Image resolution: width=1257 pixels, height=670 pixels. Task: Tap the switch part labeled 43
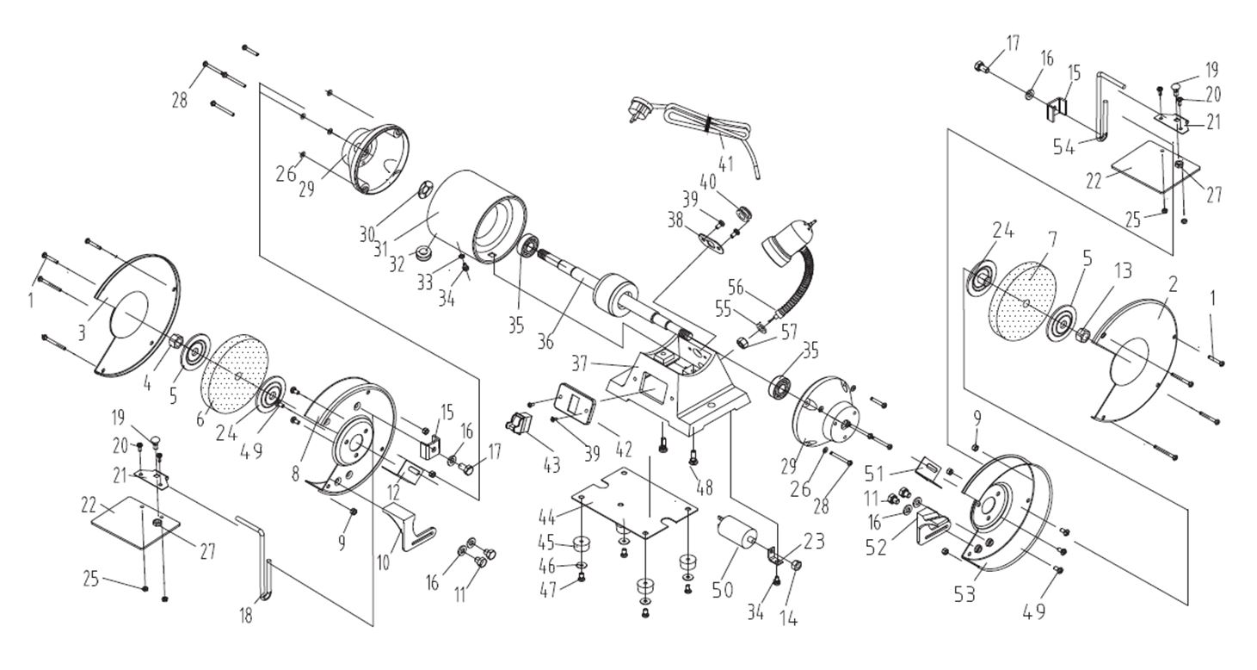pyautogui.click(x=520, y=424)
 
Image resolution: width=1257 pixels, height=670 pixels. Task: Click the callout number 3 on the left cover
pyautogui.click(x=81, y=332)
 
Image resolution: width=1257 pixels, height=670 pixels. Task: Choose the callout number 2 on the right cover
pyautogui.click(x=1173, y=285)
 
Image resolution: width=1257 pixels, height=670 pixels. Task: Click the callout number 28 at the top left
pyautogui.click(x=179, y=98)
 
